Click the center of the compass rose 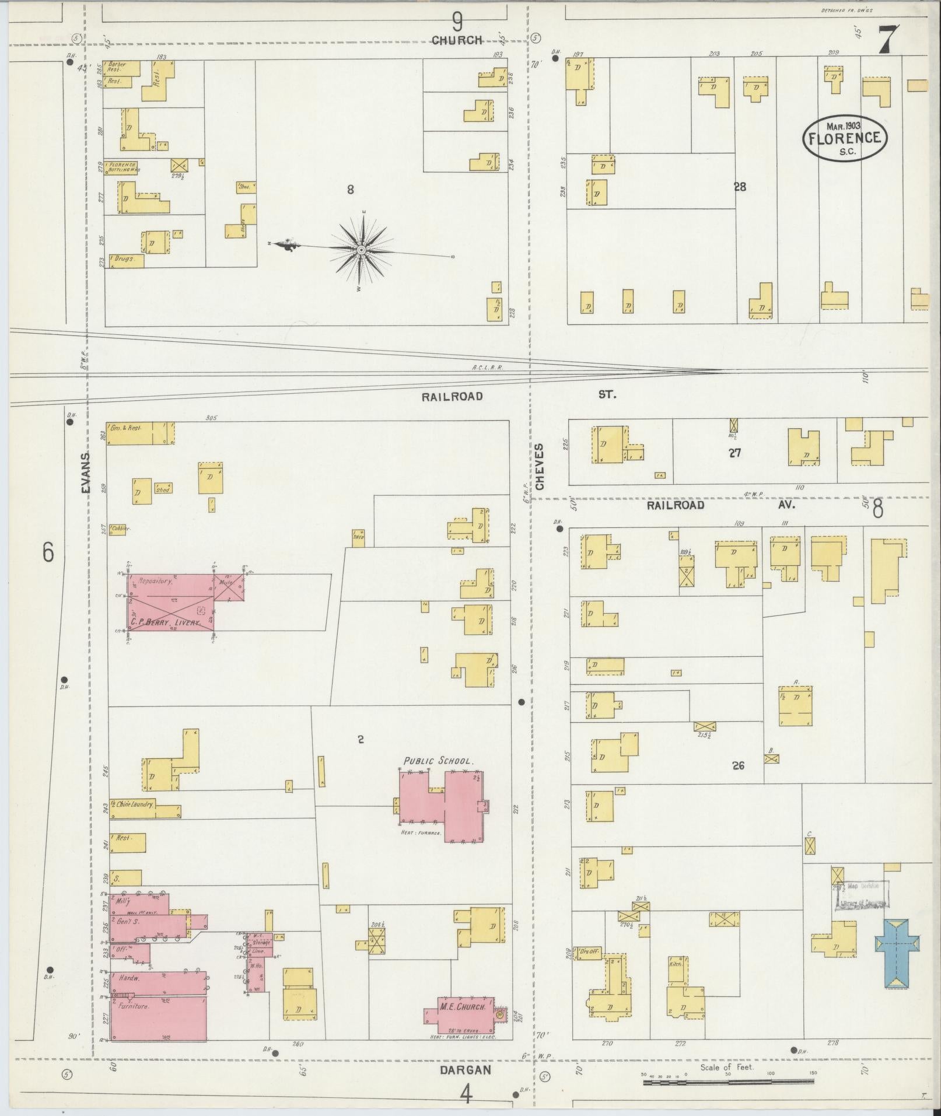pyautogui.click(x=361, y=250)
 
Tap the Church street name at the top pyautogui.click(x=457, y=40)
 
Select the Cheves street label pyautogui.click(x=539, y=466)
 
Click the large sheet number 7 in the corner pyautogui.click(x=888, y=41)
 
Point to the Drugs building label pyautogui.click(x=124, y=258)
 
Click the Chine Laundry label pyautogui.click(x=135, y=804)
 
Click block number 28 pyautogui.click(x=740, y=187)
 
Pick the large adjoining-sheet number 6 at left pyautogui.click(x=48, y=551)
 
